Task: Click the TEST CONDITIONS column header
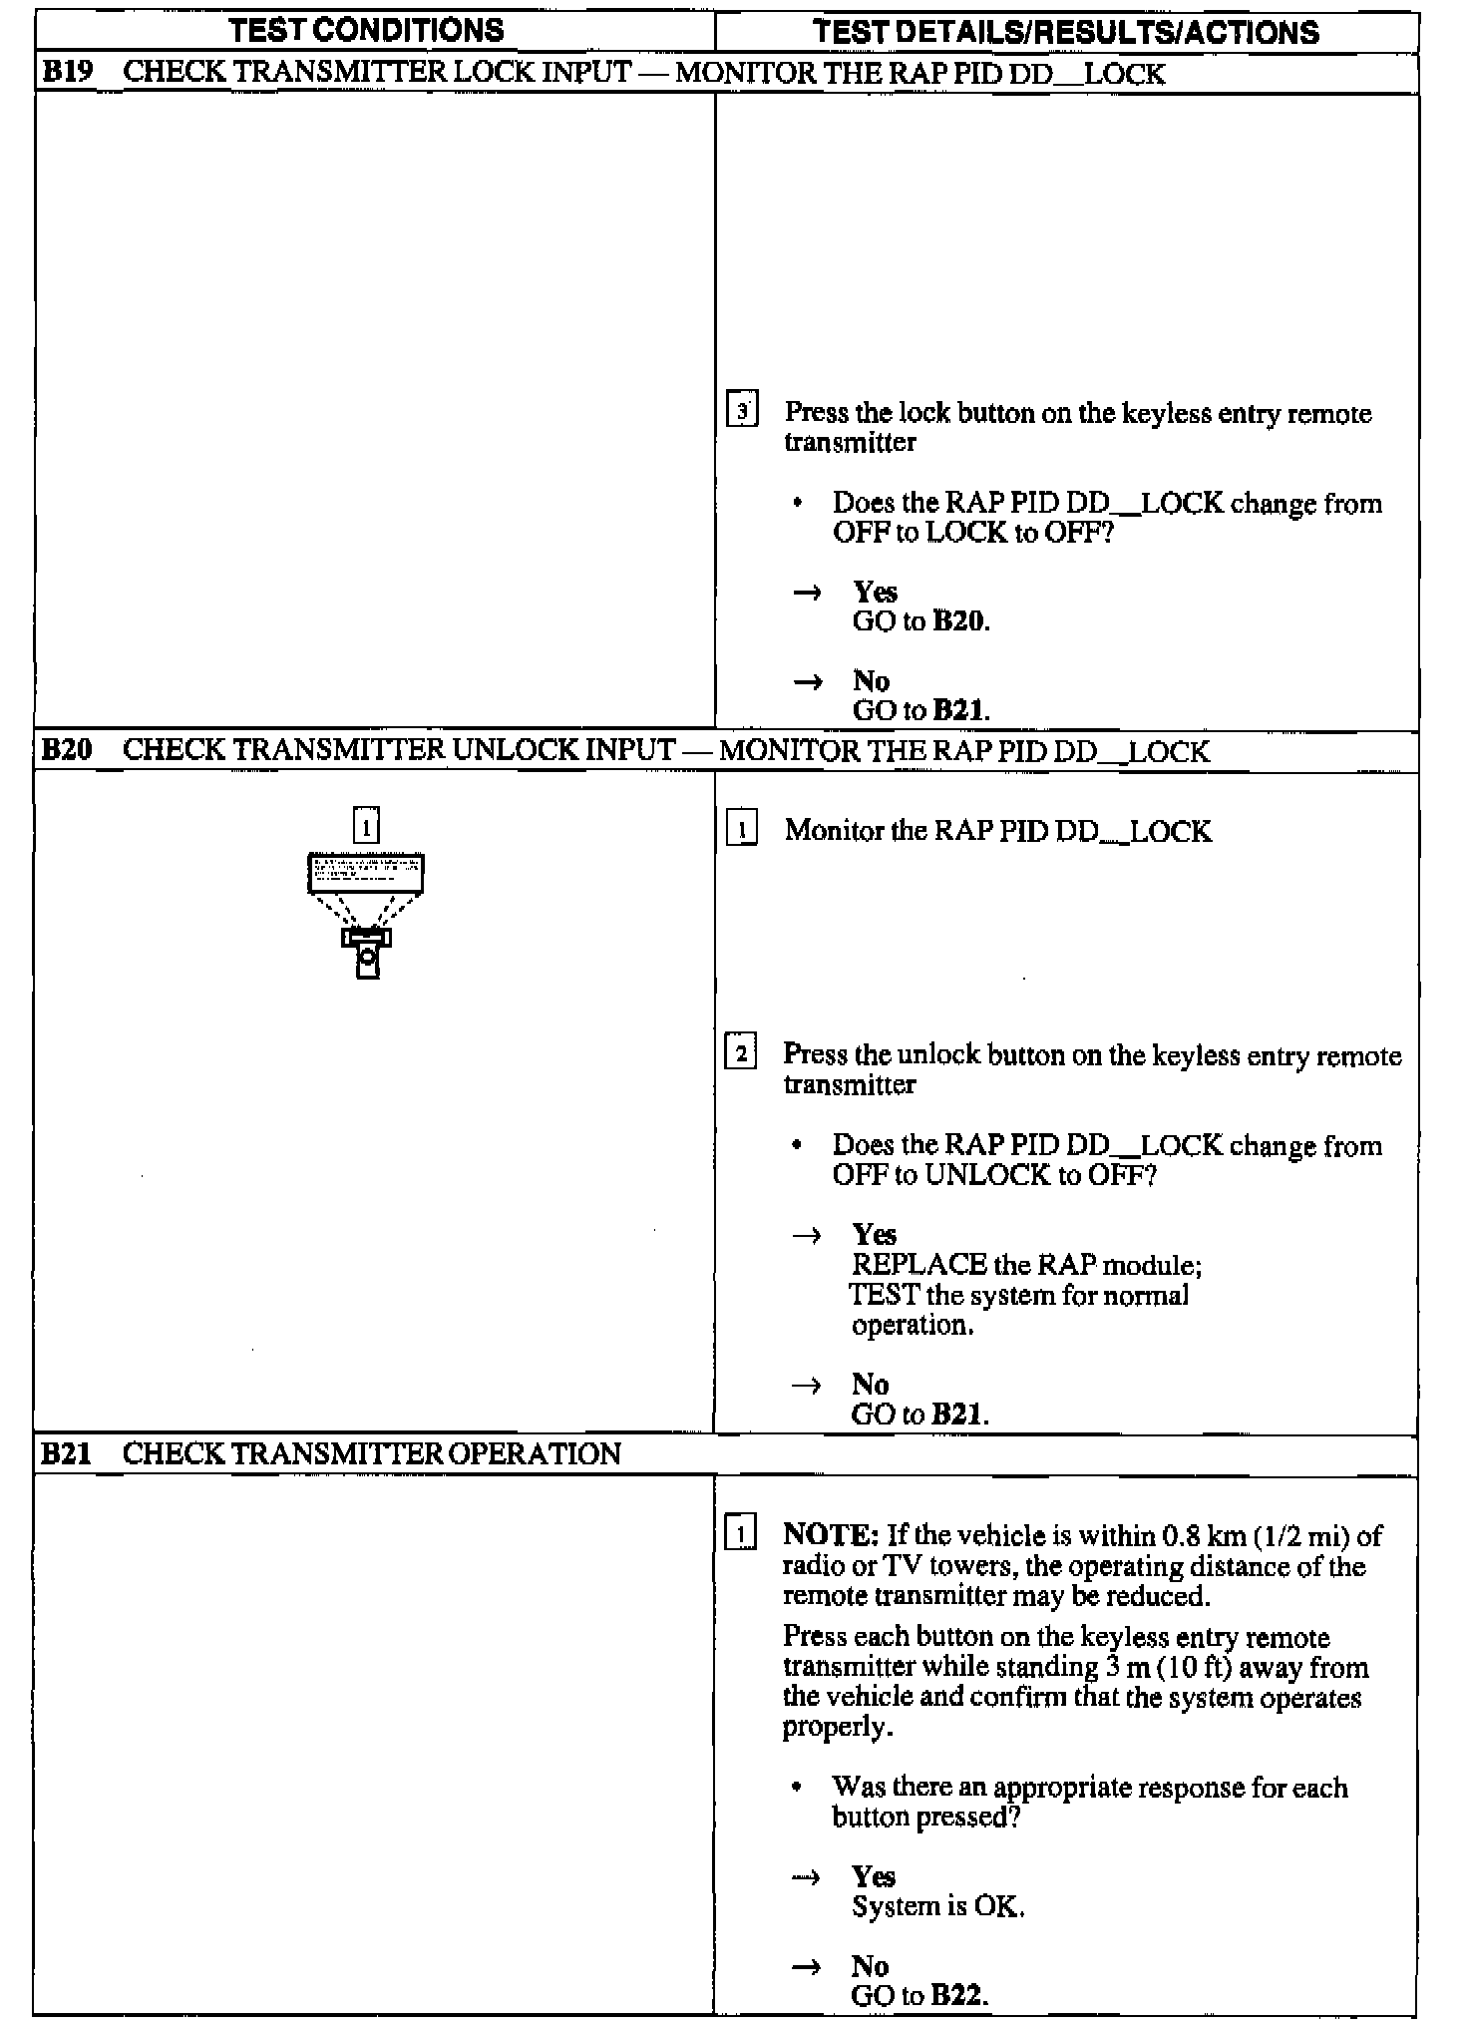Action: click(x=366, y=30)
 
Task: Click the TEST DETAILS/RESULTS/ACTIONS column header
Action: click(x=1065, y=32)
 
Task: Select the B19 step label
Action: click(x=66, y=72)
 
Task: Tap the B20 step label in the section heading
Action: click(x=66, y=749)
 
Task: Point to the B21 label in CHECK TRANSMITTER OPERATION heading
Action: click(x=66, y=1453)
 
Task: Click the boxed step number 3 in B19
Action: click(x=742, y=411)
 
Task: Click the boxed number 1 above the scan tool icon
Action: click(x=366, y=826)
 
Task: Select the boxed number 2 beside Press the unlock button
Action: click(x=740, y=1052)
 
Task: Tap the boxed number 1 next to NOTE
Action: click(x=740, y=1532)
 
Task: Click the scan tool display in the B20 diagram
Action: click(x=366, y=873)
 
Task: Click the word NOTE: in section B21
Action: click(x=831, y=1534)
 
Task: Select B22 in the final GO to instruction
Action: click(x=958, y=1995)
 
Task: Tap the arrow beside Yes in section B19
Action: click(x=807, y=593)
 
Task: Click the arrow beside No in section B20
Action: click(x=806, y=1385)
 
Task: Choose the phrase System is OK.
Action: click(x=937, y=1906)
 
